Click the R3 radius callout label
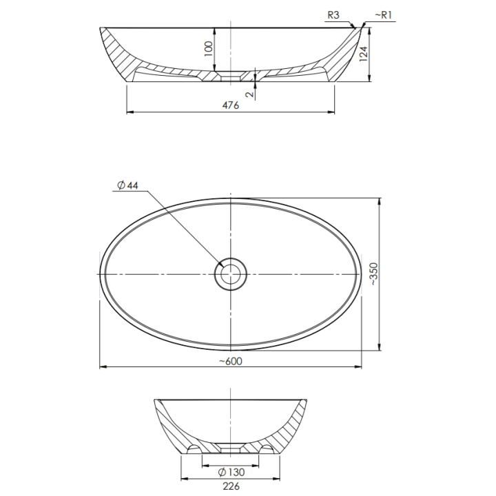tap(333, 15)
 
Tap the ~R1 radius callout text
tap(384, 15)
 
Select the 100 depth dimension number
tap(209, 49)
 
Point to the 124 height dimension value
tap(364, 54)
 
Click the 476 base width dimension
tap(231, 105)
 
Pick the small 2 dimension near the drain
tap(250, 94)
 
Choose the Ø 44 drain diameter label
tap(128, 185)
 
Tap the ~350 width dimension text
tap(373, 274)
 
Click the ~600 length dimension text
tap(231, 361)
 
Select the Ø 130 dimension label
tap(231, 473)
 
